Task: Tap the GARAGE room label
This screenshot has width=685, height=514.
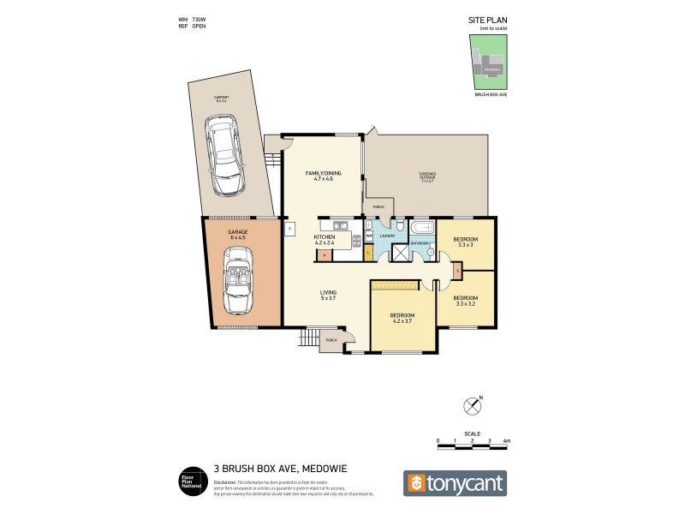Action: point(237,234)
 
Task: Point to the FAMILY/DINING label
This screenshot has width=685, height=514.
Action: point(323,176)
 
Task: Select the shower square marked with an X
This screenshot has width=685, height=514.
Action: point(400,253)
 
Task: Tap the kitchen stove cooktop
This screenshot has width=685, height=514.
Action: point(354,242)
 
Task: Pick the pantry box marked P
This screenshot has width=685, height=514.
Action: point(324,254)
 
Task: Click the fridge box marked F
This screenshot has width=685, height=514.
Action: point(289,229)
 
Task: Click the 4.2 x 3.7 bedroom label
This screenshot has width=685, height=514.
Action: point(402,318)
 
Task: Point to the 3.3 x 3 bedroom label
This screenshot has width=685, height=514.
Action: point(466,242)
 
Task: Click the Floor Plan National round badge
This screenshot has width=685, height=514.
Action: point(189,481)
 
